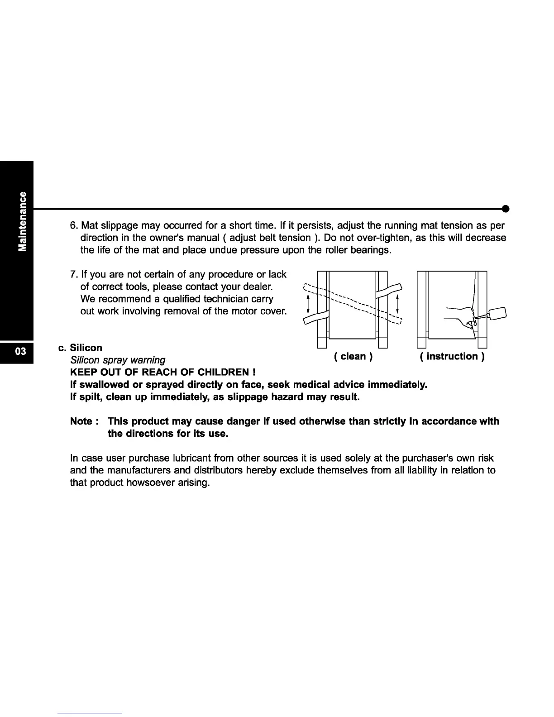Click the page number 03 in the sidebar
pos(16,351)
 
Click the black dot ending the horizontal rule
pos(506,209)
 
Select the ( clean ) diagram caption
pos(353,357)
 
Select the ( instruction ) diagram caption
pos(452,357)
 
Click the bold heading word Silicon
pos(86,348)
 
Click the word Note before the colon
pos(81,421)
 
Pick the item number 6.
pos(73,226)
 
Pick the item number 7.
pos(73,275)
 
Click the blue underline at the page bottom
pos(90,713)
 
